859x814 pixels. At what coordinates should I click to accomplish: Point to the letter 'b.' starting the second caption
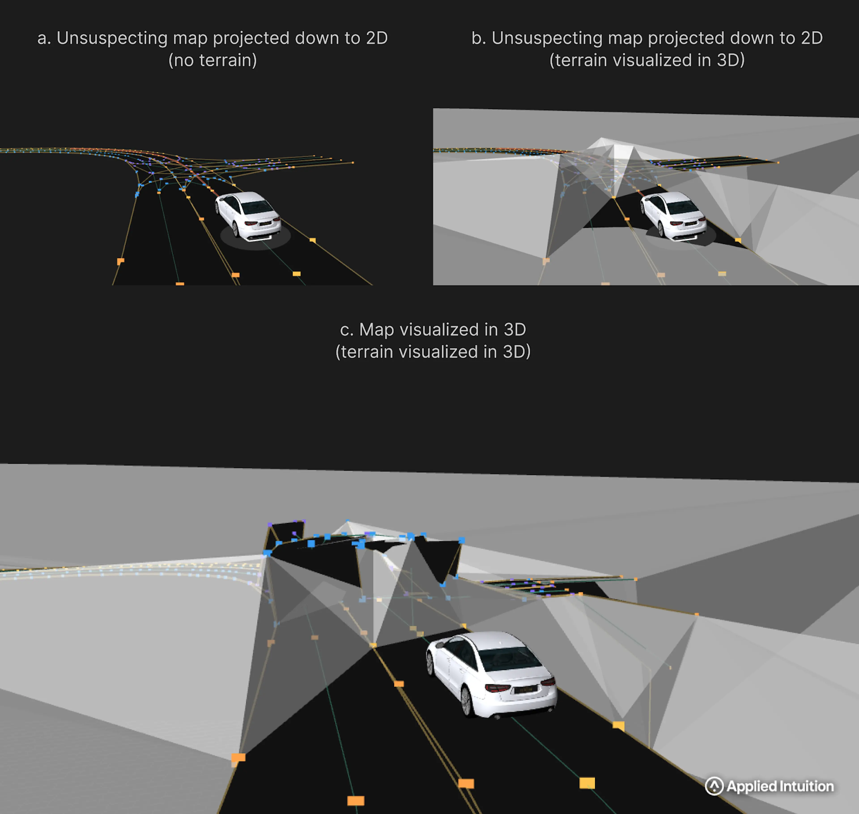(x=478, y=38)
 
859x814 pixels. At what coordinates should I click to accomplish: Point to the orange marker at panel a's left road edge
(x=121, y=261)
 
